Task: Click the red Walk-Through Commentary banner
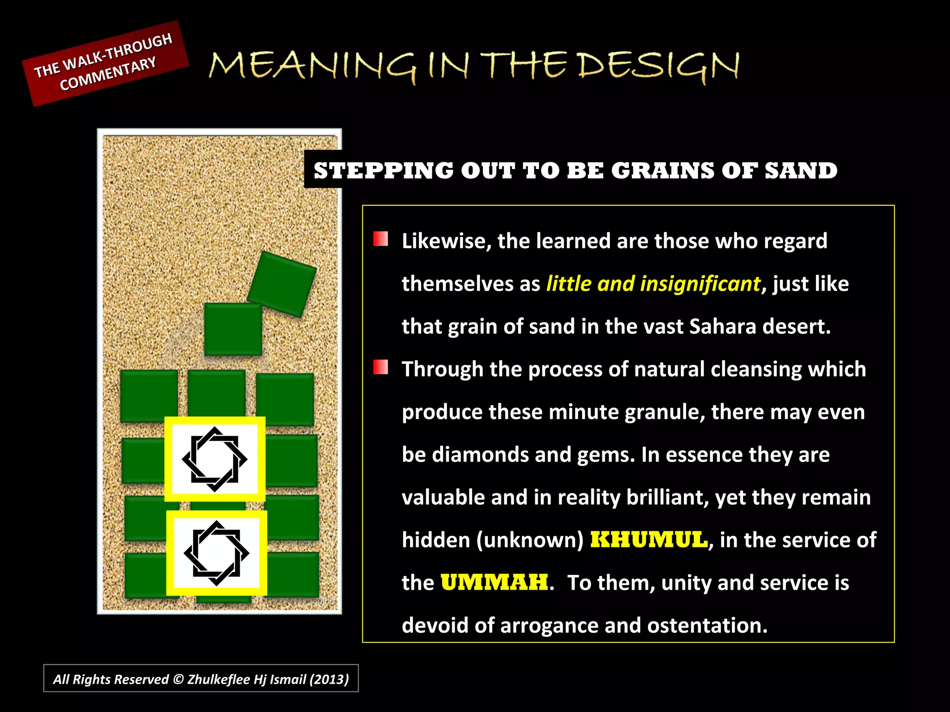(x=105, y=64)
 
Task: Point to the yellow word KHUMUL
(x=649, y=540)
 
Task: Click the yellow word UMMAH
(x=494, y=583)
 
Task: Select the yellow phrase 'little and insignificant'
(x=654, y=284)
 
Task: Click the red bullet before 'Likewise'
(x=380, y=239)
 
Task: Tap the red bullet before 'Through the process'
(x=380, y=367)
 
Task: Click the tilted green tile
(x=282, y=284)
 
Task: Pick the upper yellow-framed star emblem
(x=215, y=459)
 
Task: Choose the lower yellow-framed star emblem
(x=217, y=553)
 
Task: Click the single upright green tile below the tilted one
(x=233, y=329)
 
